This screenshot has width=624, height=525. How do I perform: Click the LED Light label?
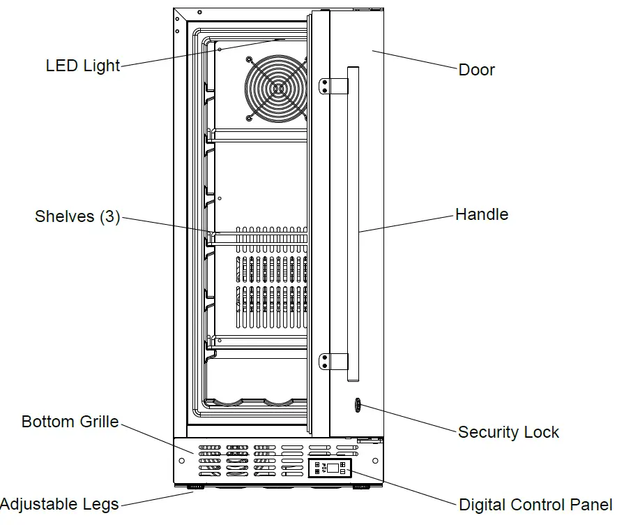pyautogui.click(x=83, y=66)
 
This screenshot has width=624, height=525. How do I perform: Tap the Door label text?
pyautogui.click(x=476, y=70)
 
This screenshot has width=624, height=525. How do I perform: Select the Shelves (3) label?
pyautogui.click(x=77, y=216)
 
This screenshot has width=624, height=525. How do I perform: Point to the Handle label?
pyautogui.click(x=481, y=214)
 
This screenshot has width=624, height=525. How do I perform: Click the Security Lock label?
pyautogui.click(x=508, y=432)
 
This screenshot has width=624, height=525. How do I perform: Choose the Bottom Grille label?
pyautogui.click(x=70, y=422)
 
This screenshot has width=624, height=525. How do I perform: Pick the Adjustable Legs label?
pyautogui.click(x=59, y=504)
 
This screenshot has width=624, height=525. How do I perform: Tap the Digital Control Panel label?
pyautogui.click(x=535, y=505)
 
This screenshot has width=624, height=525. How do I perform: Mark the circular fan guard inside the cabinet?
pyautogui.click(x=277, y=88)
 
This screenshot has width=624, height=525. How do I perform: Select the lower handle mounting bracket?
pyautogui.click(x=334, y=361)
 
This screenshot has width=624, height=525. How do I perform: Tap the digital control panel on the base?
pyautogui.click(x=330, y=468)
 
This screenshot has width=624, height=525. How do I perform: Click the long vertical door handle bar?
pyautogui.click(x=352, y=223)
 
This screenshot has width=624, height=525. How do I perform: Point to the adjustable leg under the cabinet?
pyautogui.click(x=194, y=486)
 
